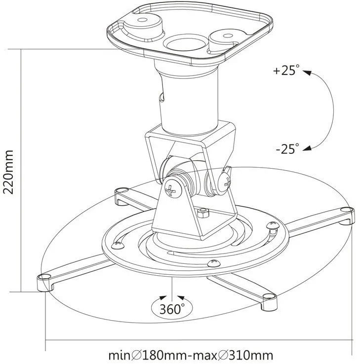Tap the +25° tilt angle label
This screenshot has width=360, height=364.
tap(286, 71)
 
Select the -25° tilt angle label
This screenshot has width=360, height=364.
tap(286, 148)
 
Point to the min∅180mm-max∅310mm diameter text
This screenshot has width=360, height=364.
tap(191, 355)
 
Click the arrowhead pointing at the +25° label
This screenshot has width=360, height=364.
tap(307, 73)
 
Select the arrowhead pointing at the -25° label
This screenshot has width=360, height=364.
tap(307, 146)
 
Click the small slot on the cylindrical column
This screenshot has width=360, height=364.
tap(160, 98)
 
